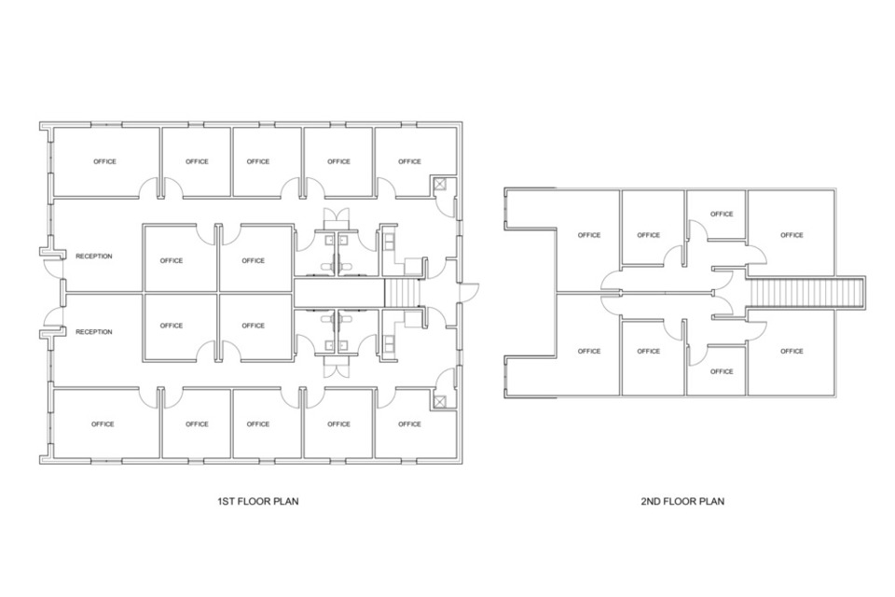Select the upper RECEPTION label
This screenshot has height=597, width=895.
(94, 257)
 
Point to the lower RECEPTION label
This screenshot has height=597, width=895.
(94, 332)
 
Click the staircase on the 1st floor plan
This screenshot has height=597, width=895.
(403, 293)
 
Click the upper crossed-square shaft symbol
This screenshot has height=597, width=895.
(440, 184)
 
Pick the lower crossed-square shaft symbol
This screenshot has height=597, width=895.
(440, 401)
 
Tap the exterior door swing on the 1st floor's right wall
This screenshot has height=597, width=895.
(469, 292)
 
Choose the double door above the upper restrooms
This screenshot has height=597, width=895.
(337, 219)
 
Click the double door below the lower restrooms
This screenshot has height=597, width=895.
(337, 367)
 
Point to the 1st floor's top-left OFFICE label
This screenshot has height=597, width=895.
(105, 161)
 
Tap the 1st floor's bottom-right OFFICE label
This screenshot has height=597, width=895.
(409, 424)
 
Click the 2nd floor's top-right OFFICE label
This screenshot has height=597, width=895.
(792, 235)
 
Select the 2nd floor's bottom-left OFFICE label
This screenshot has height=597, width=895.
(589, 352)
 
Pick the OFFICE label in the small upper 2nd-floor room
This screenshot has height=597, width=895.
(722, 215)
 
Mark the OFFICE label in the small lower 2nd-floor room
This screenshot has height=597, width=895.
(722, 372)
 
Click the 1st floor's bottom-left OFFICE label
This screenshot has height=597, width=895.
(103, 424)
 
